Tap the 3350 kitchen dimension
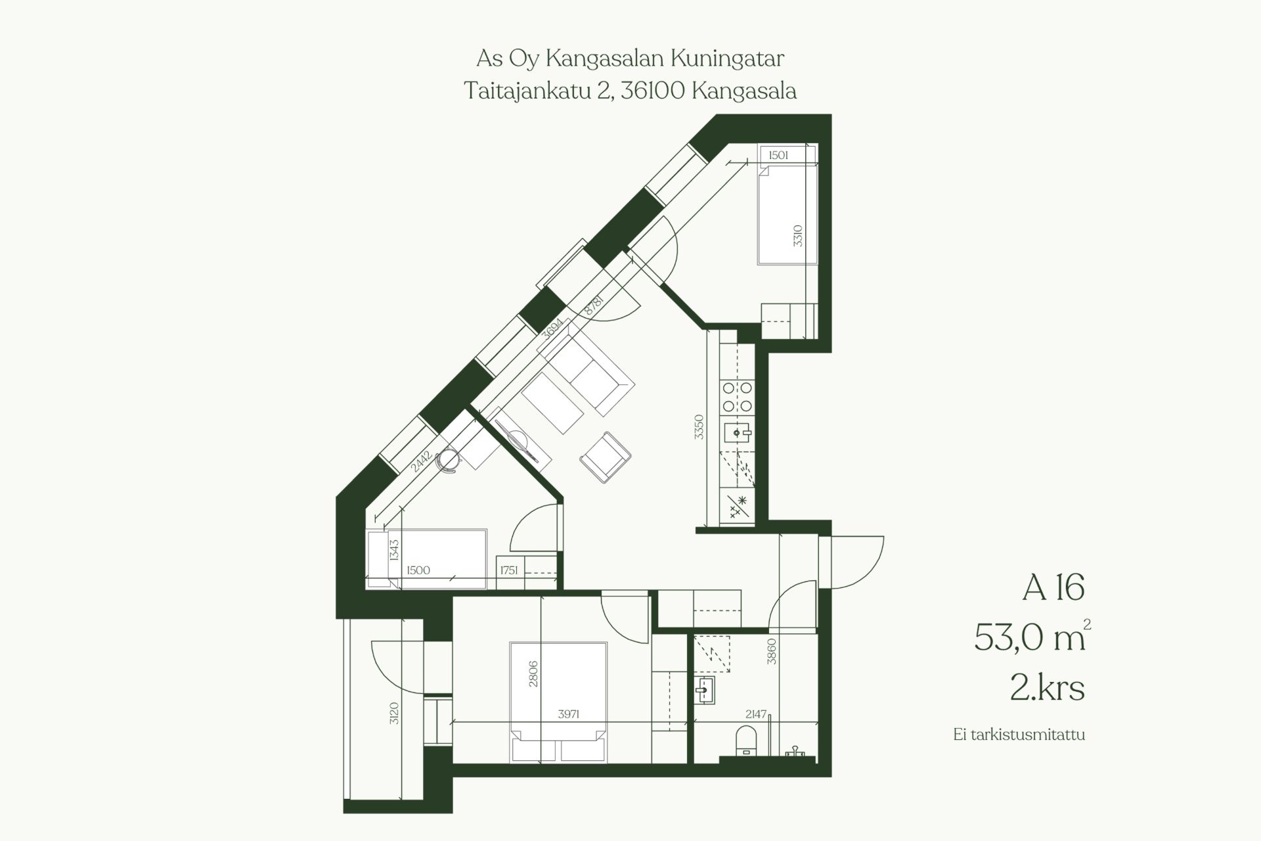click(699, 427)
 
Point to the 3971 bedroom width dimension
click(568, 714)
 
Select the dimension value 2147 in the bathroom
click(756, 714)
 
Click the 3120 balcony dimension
click(394, 714)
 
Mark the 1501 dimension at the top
click(778, 155)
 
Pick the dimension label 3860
click(772, 651)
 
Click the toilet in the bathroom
click(746, 740)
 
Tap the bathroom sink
click(704, 691)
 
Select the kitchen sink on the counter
click(738, 433)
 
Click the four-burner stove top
click(738, 398)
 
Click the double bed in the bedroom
click(558, 702)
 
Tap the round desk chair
click(449, 459)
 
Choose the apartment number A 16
click(1053, 587)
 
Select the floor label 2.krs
click(1048, 689)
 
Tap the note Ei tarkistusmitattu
click(1019, 734)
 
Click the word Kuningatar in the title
click(727, 59)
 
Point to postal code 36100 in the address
click(653, 90)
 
